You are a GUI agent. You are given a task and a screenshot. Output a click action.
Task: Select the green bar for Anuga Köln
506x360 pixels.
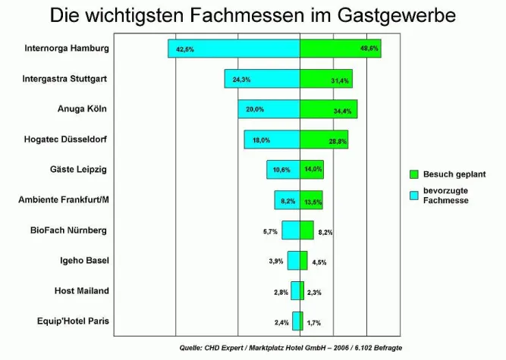click(x=328, y=109)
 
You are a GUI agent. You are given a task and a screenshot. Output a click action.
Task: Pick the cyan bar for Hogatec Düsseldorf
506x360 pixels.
click(x=272, y=139)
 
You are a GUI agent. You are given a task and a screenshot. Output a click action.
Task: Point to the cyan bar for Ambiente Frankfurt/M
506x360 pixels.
click(x=287, y=200)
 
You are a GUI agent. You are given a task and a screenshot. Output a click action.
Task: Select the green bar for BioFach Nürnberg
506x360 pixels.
click(x=306, y=230)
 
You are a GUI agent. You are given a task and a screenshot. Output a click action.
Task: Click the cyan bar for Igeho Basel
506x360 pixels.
click(x=294, y=261)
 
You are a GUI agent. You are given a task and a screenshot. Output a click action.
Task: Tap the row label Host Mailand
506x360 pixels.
click(x=81, y=290)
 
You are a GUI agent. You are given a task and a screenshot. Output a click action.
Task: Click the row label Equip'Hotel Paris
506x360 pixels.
click(x=73, y=321)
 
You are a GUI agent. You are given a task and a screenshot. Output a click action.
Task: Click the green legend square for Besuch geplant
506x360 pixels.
click(x=414, y=174)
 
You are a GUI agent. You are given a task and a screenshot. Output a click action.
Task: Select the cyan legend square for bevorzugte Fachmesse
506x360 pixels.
click(x=414, y=196)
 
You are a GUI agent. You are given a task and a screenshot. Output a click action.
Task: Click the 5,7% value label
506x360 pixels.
click(x=271, y=232)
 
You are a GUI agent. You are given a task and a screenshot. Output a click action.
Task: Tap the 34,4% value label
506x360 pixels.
click(x=343, y=111)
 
